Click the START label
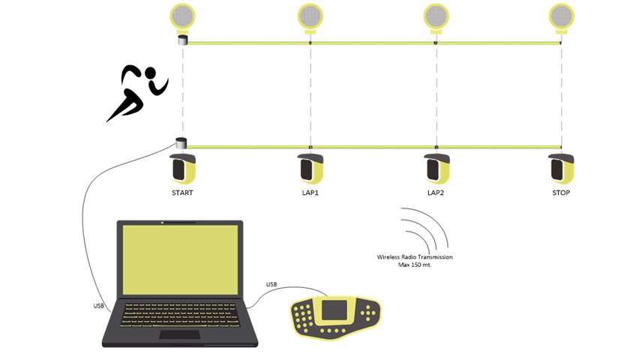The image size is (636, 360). click(x=182, y=193)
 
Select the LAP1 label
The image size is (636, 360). click(x=310, y=193)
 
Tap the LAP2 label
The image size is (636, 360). click(x=436, y=193)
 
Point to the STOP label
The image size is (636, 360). click(x=561, y=193)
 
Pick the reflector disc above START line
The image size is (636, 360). click(x=182, y=15)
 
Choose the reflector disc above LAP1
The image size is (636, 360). click(x=310, y=15)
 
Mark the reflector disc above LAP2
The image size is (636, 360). click(x=436, y=15)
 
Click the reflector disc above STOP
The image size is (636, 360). click(x=561, y=15)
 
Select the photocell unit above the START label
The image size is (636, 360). click(x=182, y=169)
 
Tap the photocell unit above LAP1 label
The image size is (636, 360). click(x=310, y=169)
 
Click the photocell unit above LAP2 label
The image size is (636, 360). click(x=436, y=169)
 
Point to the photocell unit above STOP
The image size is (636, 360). click(x=561, y=169)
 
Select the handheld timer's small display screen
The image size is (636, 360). click(x=334, y=310)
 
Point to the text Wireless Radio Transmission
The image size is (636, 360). click(x=415, y=257)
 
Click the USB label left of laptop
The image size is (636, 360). click(x=99, y=305)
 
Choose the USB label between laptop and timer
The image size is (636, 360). click(x=271, y=283)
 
